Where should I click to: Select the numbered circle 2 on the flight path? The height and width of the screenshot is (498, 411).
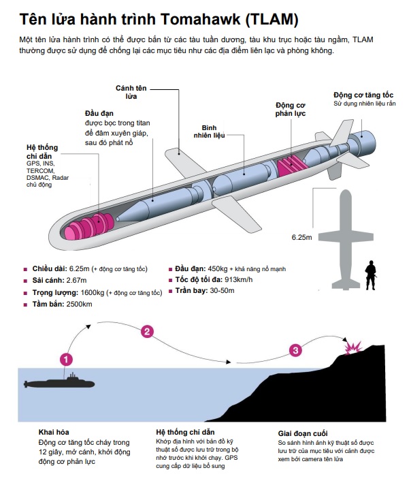pos(146,332)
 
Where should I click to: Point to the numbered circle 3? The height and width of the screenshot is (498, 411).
pos(295,350)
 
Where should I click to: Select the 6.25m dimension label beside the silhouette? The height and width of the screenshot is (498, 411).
pos(301,237)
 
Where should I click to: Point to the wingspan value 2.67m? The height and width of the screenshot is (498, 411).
pos(72,281)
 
